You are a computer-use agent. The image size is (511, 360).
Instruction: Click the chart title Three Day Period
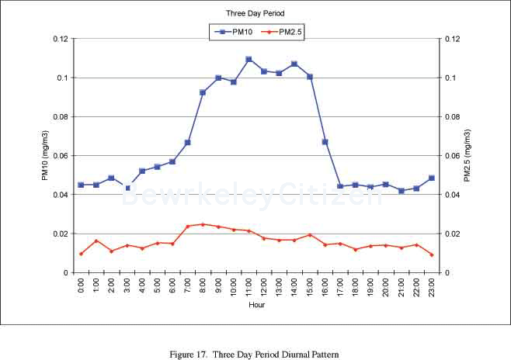tap(255, 14)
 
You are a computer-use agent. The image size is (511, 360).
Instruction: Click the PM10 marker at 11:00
tap(249, 59)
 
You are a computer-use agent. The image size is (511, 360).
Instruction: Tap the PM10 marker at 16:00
tap(325, 142)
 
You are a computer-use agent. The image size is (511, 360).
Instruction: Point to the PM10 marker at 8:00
tap(203, 92)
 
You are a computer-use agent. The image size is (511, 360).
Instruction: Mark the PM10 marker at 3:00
tap(127, 188)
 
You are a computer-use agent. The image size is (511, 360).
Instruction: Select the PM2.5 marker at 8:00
tap(203, 224)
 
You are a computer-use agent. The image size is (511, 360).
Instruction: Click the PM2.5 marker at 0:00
tap(81, 254)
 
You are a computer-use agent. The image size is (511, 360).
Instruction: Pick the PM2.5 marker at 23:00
tap(432, 254)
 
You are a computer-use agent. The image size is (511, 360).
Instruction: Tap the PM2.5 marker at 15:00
tap(310, 235)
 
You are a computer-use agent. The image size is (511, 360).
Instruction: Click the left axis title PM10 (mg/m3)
tap(46, 155)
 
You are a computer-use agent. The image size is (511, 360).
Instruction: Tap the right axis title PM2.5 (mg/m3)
tap(467, 155)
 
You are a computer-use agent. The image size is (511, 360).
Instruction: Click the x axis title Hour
tap(257, 305)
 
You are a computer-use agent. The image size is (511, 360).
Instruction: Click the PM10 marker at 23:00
tap(432, 178)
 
